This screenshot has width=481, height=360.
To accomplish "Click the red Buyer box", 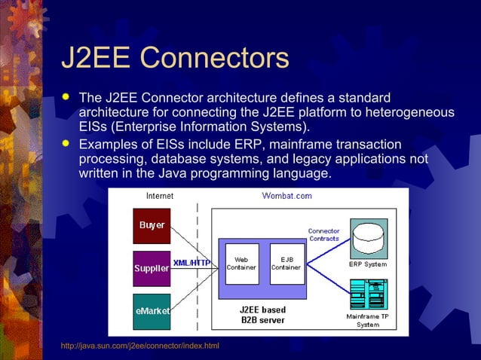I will (x=152, y=225).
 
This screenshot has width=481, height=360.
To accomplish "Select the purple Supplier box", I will (x=152, y=268).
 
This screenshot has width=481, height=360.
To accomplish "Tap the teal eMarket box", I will (x=152, y=311).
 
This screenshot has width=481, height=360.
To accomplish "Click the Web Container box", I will (x=242, y=263).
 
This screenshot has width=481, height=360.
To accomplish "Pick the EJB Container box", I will (x=286, y=263).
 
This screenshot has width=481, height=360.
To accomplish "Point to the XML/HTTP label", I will (x=191, y=262).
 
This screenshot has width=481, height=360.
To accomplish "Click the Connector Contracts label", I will (x=323, y=234).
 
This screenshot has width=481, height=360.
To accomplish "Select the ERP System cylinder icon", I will (x=369, y=237).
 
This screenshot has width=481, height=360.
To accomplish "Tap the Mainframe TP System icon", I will (x=369, y=294).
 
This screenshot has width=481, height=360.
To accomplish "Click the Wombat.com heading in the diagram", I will (x=286, y=196).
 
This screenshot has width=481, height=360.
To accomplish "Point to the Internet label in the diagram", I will (x=158, y=196).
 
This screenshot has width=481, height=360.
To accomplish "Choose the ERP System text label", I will (x=368, y=264).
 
